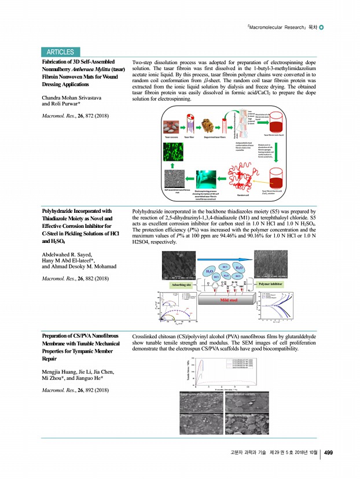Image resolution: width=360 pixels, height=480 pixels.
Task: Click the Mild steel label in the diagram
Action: (x=232, y=301)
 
